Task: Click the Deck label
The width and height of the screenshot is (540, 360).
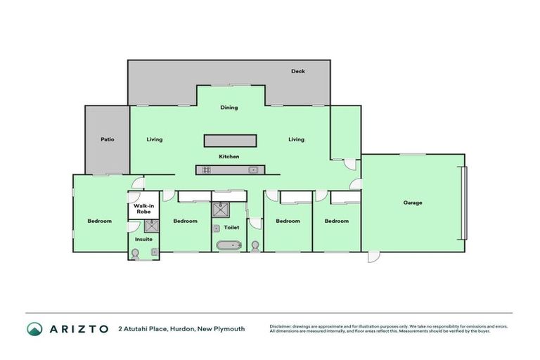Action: point(298,71)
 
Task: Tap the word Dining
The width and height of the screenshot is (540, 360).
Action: point(229,108)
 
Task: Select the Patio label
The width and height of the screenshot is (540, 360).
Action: point(107,139)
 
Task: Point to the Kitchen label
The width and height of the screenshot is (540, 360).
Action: point(229,156)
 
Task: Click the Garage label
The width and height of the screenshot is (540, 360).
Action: point(413,202)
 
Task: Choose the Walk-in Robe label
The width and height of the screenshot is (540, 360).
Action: point(144,208)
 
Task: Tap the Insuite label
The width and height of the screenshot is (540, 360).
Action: point(144,239)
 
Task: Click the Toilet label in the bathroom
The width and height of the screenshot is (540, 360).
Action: point(231,227)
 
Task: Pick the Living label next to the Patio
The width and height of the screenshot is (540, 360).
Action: point(155,139)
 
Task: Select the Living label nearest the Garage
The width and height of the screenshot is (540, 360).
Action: point(297,139)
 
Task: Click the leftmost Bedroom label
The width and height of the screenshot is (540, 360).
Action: point(99,221)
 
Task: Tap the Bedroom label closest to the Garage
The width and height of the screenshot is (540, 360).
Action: point(337,221)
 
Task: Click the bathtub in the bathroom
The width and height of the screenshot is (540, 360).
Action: point(227,246)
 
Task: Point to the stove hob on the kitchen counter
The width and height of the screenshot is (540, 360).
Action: point(207,169)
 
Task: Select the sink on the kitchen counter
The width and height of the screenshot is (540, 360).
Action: point(252,169)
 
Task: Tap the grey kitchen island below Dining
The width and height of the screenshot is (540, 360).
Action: point(230,141)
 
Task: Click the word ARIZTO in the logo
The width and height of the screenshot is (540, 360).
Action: point(78,328)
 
